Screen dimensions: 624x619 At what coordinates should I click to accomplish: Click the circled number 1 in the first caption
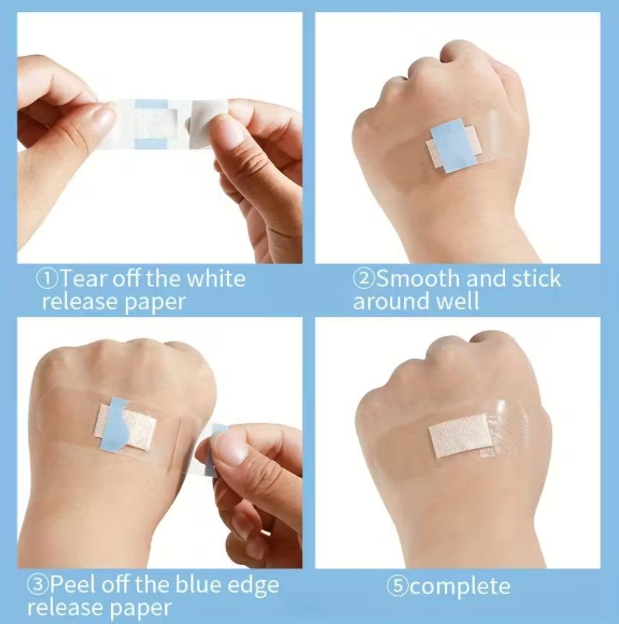click(48, 280)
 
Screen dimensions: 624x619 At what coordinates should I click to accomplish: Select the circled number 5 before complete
click(397, 586)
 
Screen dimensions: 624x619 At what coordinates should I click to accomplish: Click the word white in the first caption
click(215, 279)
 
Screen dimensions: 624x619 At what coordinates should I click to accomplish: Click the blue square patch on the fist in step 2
click(452, 144)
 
